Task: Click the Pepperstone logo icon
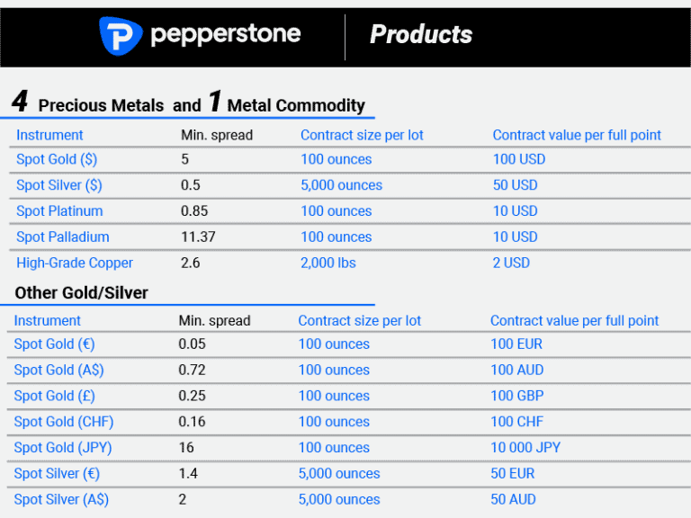click(x=120, y=35)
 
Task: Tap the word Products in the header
click(x=420, y=35)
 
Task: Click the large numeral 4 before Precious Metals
click(x=20, y=101)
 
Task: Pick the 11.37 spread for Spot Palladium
click(x=198, y=237)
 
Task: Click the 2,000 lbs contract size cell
click(x=329, y=263)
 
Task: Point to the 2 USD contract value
click(x=511, y=263)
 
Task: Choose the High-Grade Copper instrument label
click(x=75, y=263)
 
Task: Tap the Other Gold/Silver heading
click(x=81, y=293)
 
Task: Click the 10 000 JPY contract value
click(x=525, y=448)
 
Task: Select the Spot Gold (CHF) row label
click(x=64, y=422)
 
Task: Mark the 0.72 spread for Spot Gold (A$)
click(x=192, y=370)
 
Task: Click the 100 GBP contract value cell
click(x=517, y=396)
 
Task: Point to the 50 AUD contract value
click(x=514, y=500)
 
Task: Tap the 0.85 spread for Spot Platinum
click(x=194, y=211)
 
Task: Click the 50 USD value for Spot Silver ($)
click(x=515, y=185)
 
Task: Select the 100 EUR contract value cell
click(x=516, y=344)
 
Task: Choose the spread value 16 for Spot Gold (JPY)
click(x=186, y=448)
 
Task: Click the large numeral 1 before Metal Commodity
click(x=214, y=101)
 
